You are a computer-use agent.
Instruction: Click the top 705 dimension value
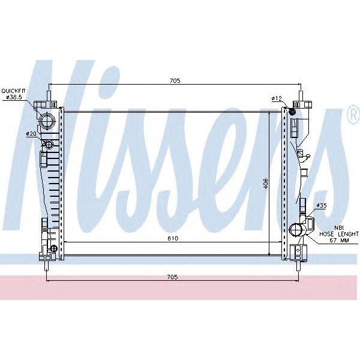click(x=175, y=80)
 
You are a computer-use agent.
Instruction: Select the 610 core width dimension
click(x=173, y=238)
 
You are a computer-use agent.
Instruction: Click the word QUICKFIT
click(x=14, y=90)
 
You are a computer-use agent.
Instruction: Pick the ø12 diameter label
click(x=277, y=98)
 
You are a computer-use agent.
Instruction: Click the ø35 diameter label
click(x=321, y=206)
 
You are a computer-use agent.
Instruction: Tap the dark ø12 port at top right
click(x=292, y=111)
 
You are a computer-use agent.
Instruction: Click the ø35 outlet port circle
click(x=296, y=230)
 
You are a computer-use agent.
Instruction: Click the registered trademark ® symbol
click(x=353, y=116)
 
